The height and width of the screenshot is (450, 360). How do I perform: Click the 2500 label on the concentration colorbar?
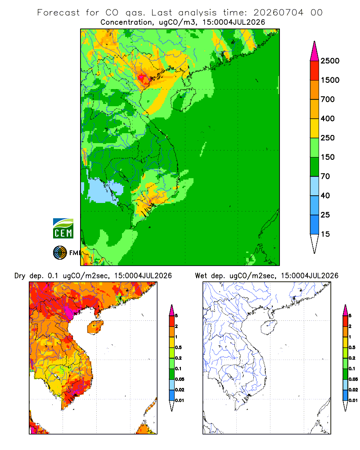tap(330, 61)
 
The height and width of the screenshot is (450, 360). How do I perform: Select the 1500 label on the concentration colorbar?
tap(330, 80)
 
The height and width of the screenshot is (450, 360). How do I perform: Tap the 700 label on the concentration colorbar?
tap(328, 99)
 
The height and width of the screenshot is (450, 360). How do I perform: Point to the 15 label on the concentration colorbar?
tap(325, 234)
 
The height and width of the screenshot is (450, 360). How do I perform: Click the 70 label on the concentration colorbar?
tap(325, 176)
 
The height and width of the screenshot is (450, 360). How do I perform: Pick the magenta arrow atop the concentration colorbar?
tap(315, 51)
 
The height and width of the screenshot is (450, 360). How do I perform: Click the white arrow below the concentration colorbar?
tap(315, 244)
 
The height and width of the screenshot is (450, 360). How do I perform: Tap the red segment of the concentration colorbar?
tap(315, 71)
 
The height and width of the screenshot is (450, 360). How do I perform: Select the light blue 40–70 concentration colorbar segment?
tap(315, 186)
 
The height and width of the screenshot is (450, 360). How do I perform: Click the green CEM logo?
tap(63, 229)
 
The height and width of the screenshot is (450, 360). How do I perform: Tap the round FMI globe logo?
tap(60, 253)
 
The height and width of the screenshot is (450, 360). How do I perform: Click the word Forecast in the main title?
tap(58, 13)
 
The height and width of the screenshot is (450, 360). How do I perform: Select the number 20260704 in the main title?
tap(278, 13)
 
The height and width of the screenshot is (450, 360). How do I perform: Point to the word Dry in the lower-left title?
tap(20, 276)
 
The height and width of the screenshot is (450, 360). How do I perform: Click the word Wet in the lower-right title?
tap(201, 276)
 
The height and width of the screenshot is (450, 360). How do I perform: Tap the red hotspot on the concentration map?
tap(142, 77)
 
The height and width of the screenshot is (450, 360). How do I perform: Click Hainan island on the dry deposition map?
tap(95, 327)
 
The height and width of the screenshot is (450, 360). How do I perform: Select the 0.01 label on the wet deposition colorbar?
tap(353, 400)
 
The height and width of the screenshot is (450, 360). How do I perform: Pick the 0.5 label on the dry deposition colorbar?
tap(178, 347)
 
